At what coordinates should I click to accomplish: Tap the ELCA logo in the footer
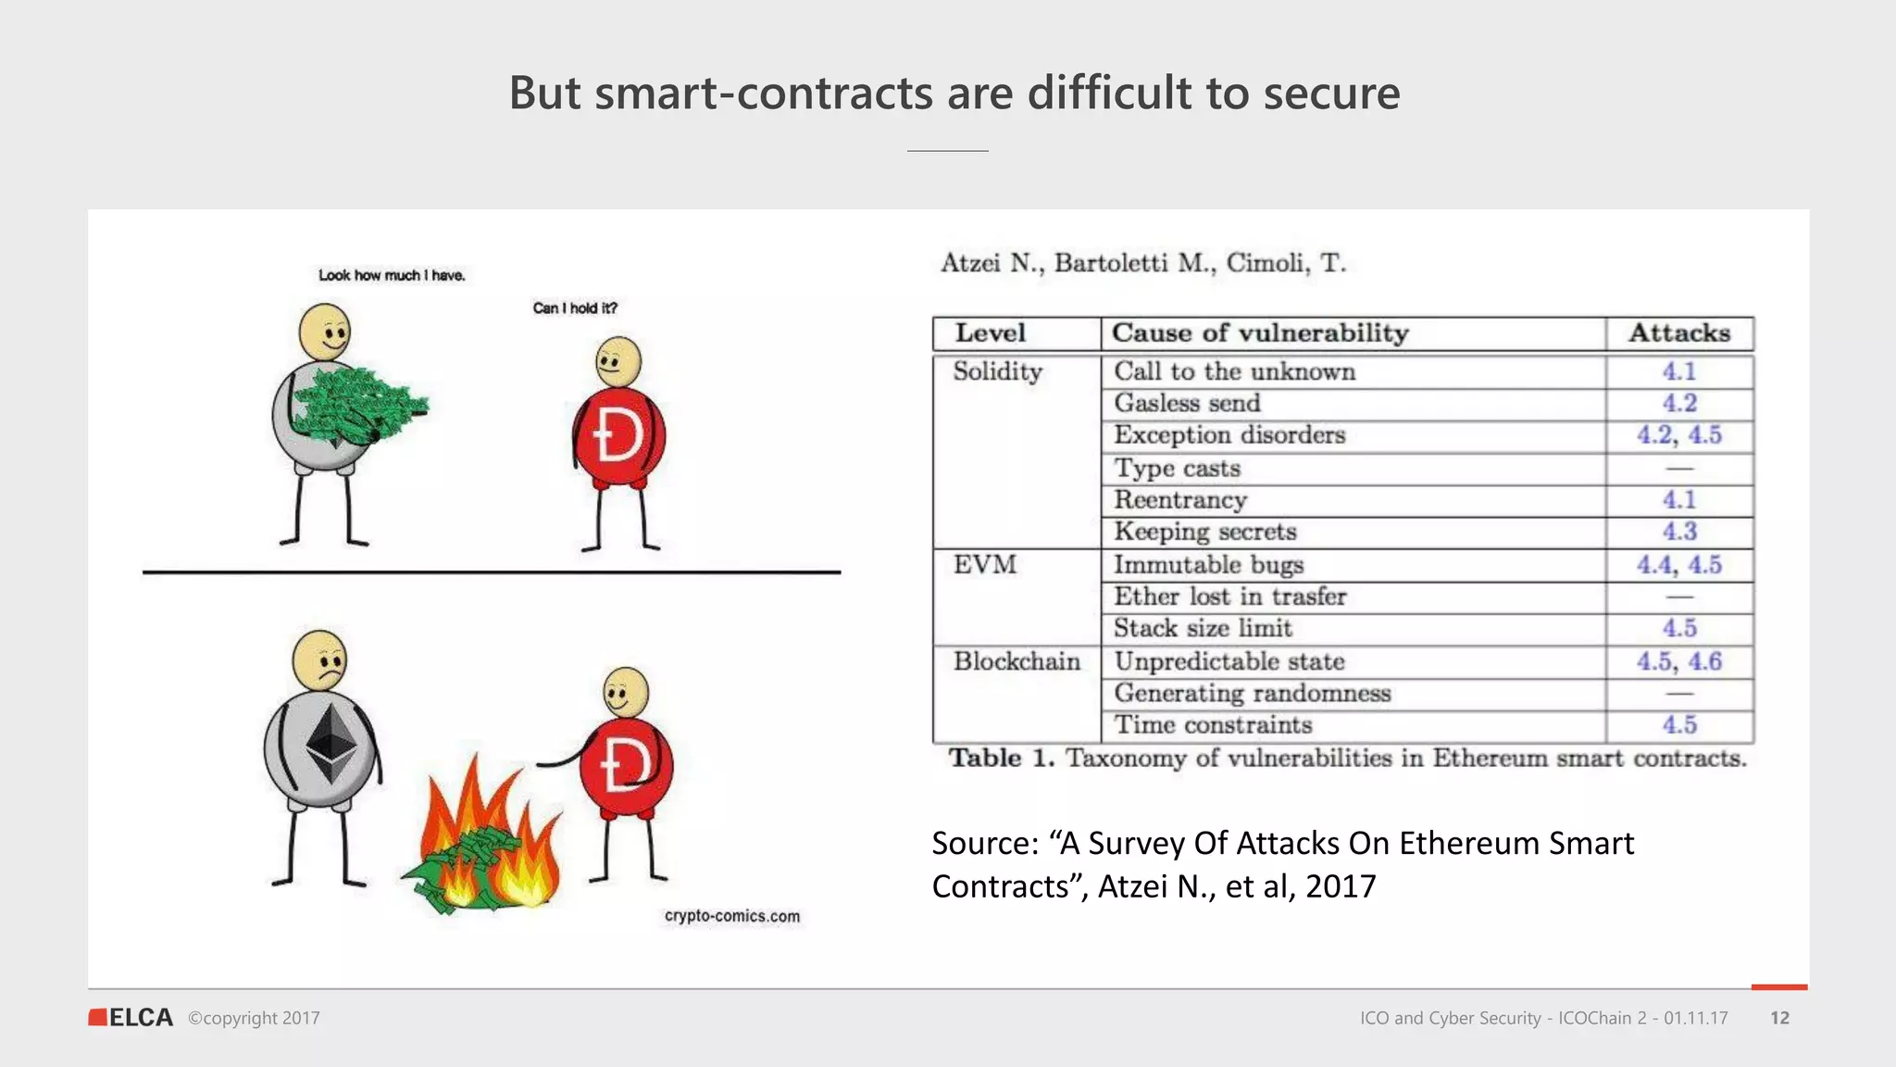point(131,1017)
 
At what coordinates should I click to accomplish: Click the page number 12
point(1779,1018)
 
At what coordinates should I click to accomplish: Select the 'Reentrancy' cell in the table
point(1180,500)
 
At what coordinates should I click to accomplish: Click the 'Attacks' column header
point(1679,333)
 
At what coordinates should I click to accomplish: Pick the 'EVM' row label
point(985,564)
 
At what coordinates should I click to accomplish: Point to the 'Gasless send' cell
point(1187,403)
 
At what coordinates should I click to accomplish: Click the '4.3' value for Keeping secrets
point(1679,532)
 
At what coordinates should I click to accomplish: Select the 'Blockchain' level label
point(1017,661)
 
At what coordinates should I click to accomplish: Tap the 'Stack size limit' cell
point(1203,629)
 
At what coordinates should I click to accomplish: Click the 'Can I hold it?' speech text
point(575,308)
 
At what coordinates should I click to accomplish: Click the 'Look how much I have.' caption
point(392,275)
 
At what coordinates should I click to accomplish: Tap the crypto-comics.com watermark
point(731,916)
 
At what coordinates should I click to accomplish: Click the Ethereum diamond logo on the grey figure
point(331,745)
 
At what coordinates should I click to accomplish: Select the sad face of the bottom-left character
point(320,660)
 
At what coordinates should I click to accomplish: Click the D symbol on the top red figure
point(618,435)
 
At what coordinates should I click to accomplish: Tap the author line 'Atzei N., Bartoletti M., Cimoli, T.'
point(1143,263)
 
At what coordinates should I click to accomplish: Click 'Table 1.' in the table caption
point(1001,759)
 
